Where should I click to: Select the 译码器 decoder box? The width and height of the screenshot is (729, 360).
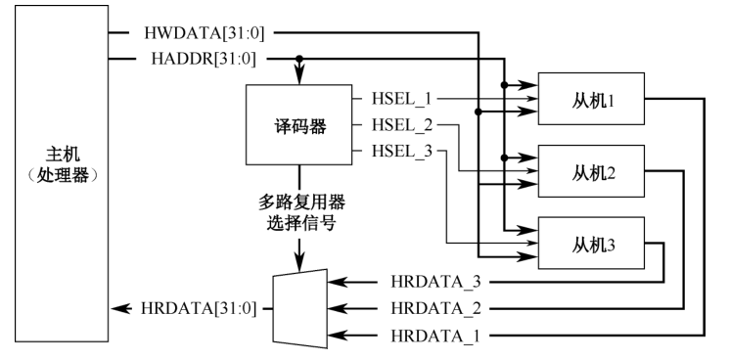coord(298,126)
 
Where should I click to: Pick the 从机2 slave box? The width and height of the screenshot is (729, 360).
coord(590,171)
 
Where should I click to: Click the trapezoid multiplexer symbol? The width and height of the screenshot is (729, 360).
coord(298,307)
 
